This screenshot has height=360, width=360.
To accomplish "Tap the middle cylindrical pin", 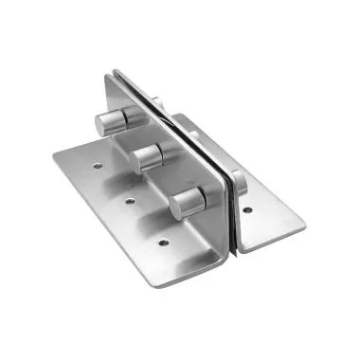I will pyautogui.click(x=149, y=156).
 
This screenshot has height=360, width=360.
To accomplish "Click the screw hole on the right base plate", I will pyautogui.click(x=246, y=210).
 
